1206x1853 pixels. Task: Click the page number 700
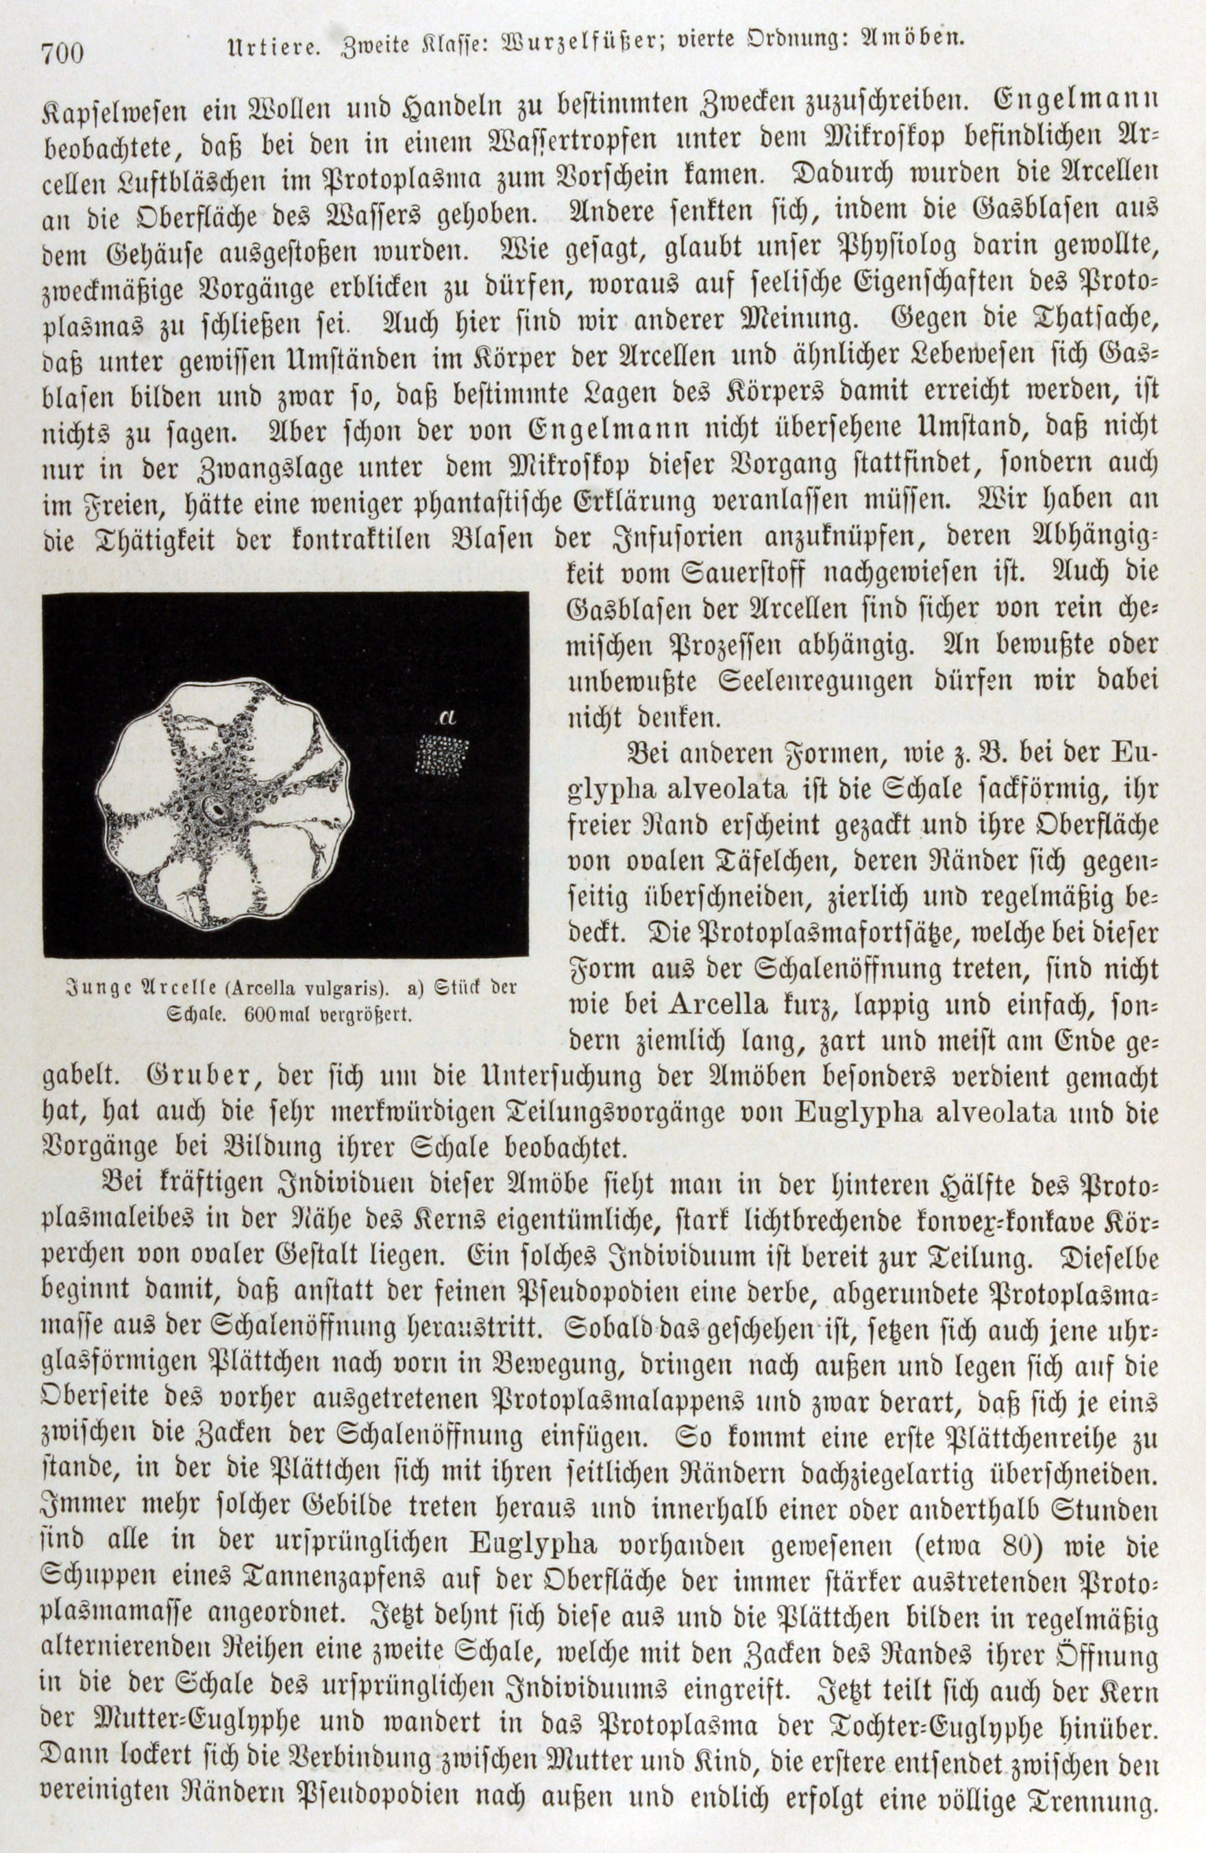click(x=63, y=53)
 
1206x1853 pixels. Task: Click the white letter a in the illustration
click(x=446, y=716)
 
